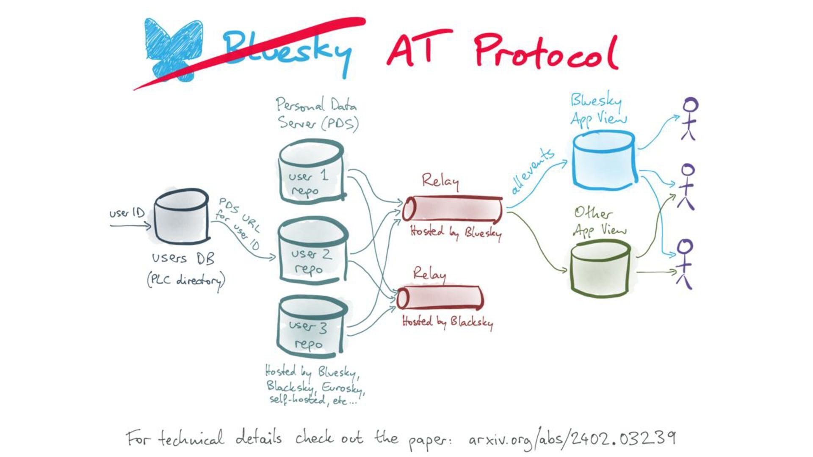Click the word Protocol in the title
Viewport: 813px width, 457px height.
(546, 53)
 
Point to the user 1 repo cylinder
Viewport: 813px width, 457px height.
(311, 173)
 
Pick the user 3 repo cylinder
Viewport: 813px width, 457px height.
(312, 326)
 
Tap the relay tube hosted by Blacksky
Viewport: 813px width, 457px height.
(440, 297)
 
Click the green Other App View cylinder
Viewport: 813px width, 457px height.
(600, 269)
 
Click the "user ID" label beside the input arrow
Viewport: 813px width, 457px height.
(127, 213)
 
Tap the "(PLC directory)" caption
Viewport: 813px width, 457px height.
(186, 281)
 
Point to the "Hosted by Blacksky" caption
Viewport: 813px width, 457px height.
(447, 322)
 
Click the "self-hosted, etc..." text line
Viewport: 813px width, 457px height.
(313, 400)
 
